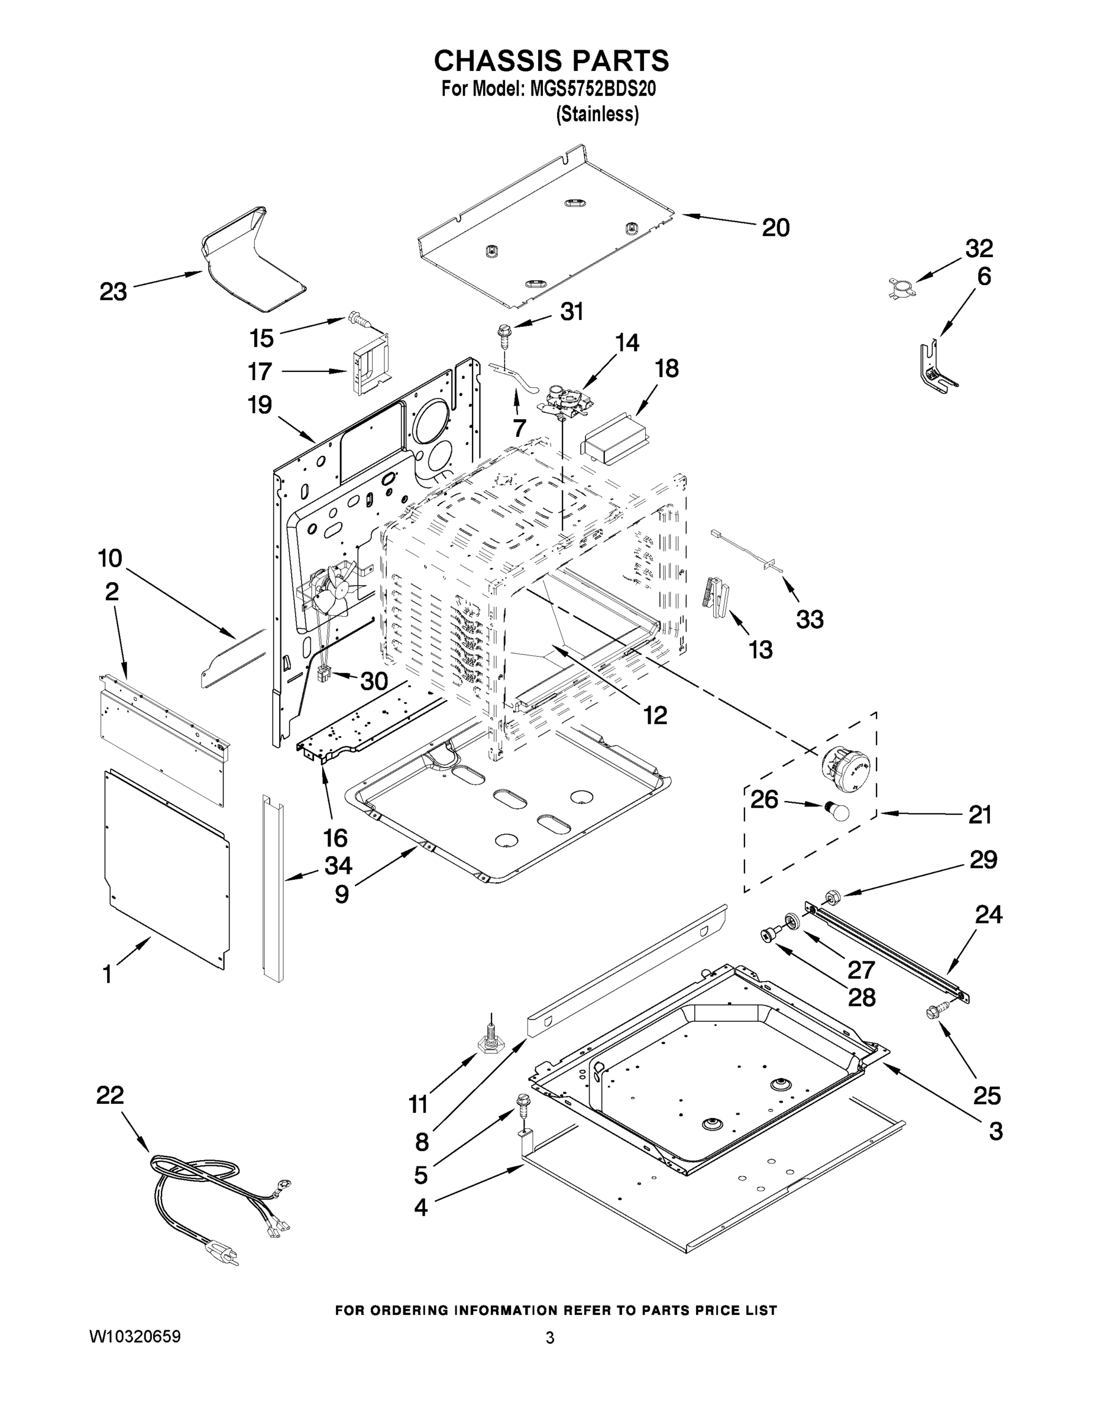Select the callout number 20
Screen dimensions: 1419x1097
[775, 228]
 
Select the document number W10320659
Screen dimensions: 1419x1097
[134, 1336]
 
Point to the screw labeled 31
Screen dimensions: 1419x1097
[504, 335]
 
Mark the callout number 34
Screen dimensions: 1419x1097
[338, 866]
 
